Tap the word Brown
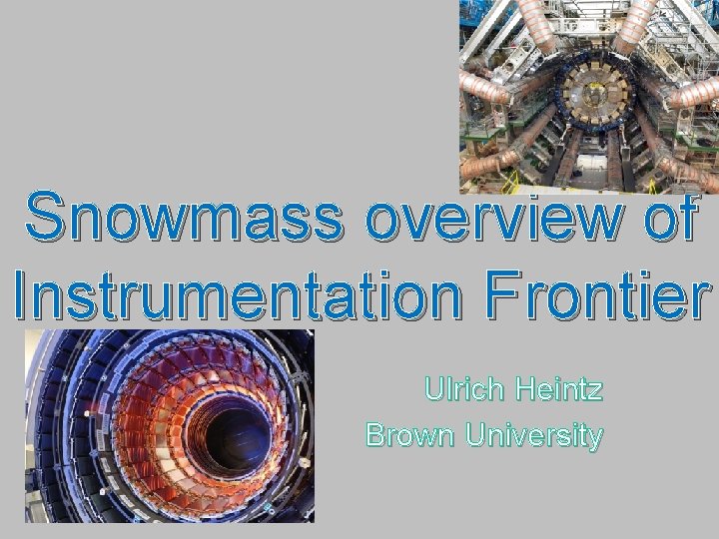pyautogui.click(x=408, y=435)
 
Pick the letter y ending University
pyautogui.click(x=595, y=439)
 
